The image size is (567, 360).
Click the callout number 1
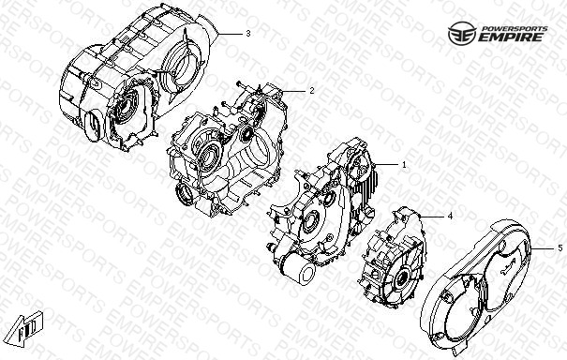404,165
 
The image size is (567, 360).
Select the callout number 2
312,91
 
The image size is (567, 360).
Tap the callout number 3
248,34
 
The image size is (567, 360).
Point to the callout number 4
450,217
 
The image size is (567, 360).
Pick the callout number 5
560,248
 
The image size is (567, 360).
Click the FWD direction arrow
26,328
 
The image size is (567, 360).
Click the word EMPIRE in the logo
510,37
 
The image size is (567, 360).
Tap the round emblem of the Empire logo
462,34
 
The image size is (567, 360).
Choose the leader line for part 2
293,91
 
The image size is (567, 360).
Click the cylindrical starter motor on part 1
296,266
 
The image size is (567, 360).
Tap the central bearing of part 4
401,279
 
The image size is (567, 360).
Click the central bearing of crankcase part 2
207,154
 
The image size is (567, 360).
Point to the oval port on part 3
94,125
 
